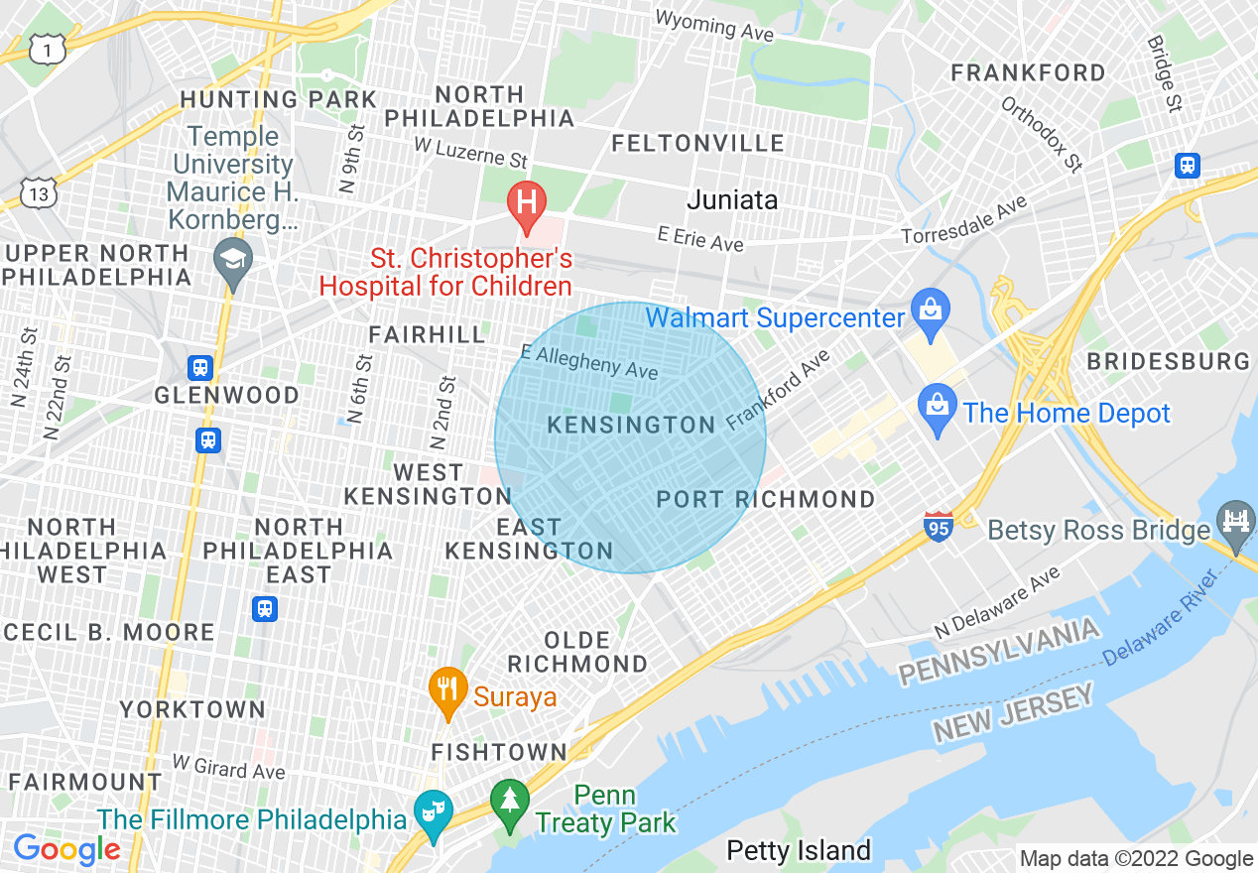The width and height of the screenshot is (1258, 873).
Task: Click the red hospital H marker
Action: point(527,202)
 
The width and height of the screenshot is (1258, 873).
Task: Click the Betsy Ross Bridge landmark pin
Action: point(1236,520)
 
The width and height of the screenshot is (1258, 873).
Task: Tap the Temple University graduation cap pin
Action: point(232,260)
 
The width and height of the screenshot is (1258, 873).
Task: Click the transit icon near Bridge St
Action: point(1187,166)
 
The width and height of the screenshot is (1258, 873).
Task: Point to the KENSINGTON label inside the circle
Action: point(631,426)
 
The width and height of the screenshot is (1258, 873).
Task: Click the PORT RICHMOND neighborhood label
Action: point(766,499)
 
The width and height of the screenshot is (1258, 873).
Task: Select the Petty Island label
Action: point(799,850)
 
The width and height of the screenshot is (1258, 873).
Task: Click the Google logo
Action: point(66,849)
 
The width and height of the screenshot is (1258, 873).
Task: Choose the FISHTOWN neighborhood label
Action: point(499,753)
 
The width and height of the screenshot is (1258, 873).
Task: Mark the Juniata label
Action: point(732,199)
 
